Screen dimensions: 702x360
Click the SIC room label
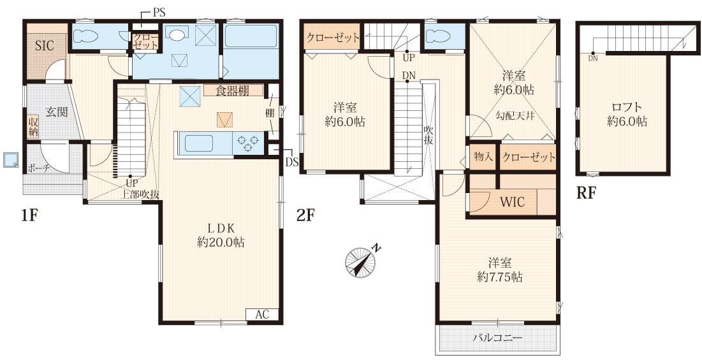(45, 46)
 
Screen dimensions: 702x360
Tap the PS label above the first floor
(159, 13)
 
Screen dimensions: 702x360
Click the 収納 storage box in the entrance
(33, 127)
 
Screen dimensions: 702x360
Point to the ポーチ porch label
(38, 169)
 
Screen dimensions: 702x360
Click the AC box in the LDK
(262, 314)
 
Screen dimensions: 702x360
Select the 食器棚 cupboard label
(233, 90)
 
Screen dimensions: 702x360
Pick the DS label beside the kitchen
(292, 162)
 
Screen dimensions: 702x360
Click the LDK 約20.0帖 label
(221, 235)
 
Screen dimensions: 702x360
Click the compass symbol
(360, 262)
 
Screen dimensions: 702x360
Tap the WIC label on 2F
(512, 203)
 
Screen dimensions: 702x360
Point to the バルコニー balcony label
(497, 338)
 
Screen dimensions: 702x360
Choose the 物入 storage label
(483, 157)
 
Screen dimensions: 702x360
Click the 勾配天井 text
(515, 116)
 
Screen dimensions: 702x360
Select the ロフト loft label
(627, 108)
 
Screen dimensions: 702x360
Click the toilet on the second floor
(437, 35)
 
